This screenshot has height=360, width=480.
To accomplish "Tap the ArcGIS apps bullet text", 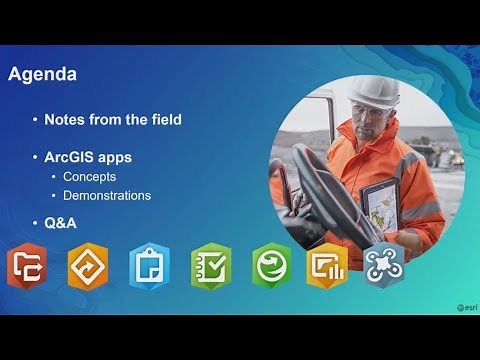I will click(88, 157).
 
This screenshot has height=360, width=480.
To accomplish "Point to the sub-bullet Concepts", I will click(89, 177).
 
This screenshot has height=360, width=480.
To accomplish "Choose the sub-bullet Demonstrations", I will click(107, 196).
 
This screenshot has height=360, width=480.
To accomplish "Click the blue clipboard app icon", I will click(148, 267).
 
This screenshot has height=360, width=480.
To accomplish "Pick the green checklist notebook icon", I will click(210, 267).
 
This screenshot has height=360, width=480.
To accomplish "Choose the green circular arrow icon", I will click(271, 267).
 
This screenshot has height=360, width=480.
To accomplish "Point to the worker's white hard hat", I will click(373, 93).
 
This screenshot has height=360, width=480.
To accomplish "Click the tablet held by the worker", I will click(380, 205).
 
